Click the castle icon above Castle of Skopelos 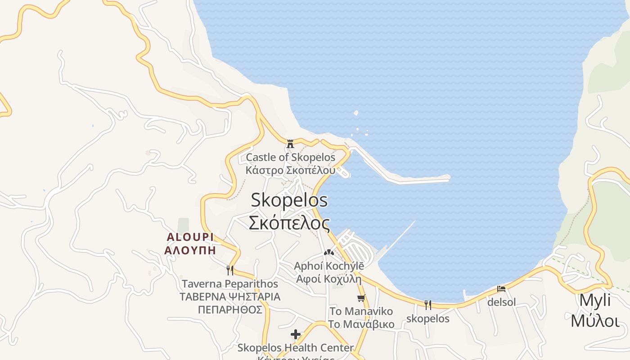click(x=290, y=144)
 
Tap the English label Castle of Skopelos click(x=290, y=157)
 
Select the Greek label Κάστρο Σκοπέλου click(x=290, y=171)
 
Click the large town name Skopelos click(x=289, y=200)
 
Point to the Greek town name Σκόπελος click(x=289, y=223)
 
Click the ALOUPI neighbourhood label click(x=190, y=237)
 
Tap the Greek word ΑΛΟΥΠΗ click(x=190, y=250)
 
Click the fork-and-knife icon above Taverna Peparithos click(x=230, y=270)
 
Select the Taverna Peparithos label click(x=230, y=284)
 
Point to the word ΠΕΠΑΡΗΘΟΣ click(x=230, y=310)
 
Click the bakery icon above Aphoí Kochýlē click(x=329, y=253)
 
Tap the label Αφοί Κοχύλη click(x=329, y=279)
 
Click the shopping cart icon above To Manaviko click(x=361, y=298)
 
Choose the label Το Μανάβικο click(x=361, y=324)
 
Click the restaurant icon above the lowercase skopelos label click(x=427, y=305)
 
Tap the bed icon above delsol click(x=501, y=289)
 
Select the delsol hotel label click(x=501, y=302)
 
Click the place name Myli click(x=595, y=300)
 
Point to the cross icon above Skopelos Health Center click(x=296, y=334)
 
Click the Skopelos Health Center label click(x=296, y=348)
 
